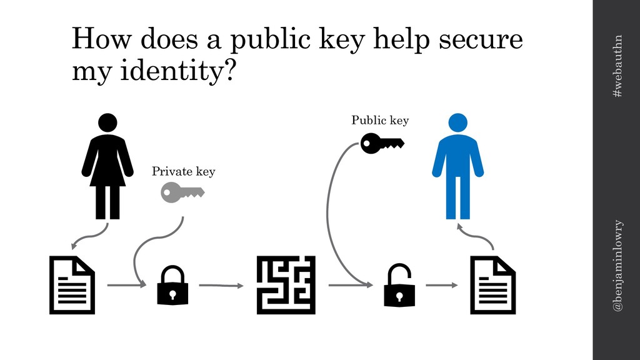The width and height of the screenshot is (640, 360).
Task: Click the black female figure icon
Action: pos(107,166)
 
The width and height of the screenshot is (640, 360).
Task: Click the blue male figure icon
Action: pos(457,167)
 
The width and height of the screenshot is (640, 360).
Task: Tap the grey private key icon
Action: pos(182,192)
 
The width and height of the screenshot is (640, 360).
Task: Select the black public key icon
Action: pos(382,143)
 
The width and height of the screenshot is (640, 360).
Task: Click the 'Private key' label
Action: pos(183,171)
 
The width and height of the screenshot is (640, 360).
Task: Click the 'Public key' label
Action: pos(380,120)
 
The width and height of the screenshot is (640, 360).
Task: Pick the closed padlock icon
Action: pos(172,285)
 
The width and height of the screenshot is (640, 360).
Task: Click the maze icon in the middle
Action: pos(286,285)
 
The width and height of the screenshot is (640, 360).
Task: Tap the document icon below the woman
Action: pos(72,285)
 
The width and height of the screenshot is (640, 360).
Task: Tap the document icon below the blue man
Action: pos(492,285)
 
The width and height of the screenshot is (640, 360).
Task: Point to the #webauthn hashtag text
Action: pos(617,66)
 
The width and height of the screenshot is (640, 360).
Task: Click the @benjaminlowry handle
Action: pos(617,266)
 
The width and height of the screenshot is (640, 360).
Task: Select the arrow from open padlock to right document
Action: pos(441,285)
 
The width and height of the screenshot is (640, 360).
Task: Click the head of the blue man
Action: pos(457,122)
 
